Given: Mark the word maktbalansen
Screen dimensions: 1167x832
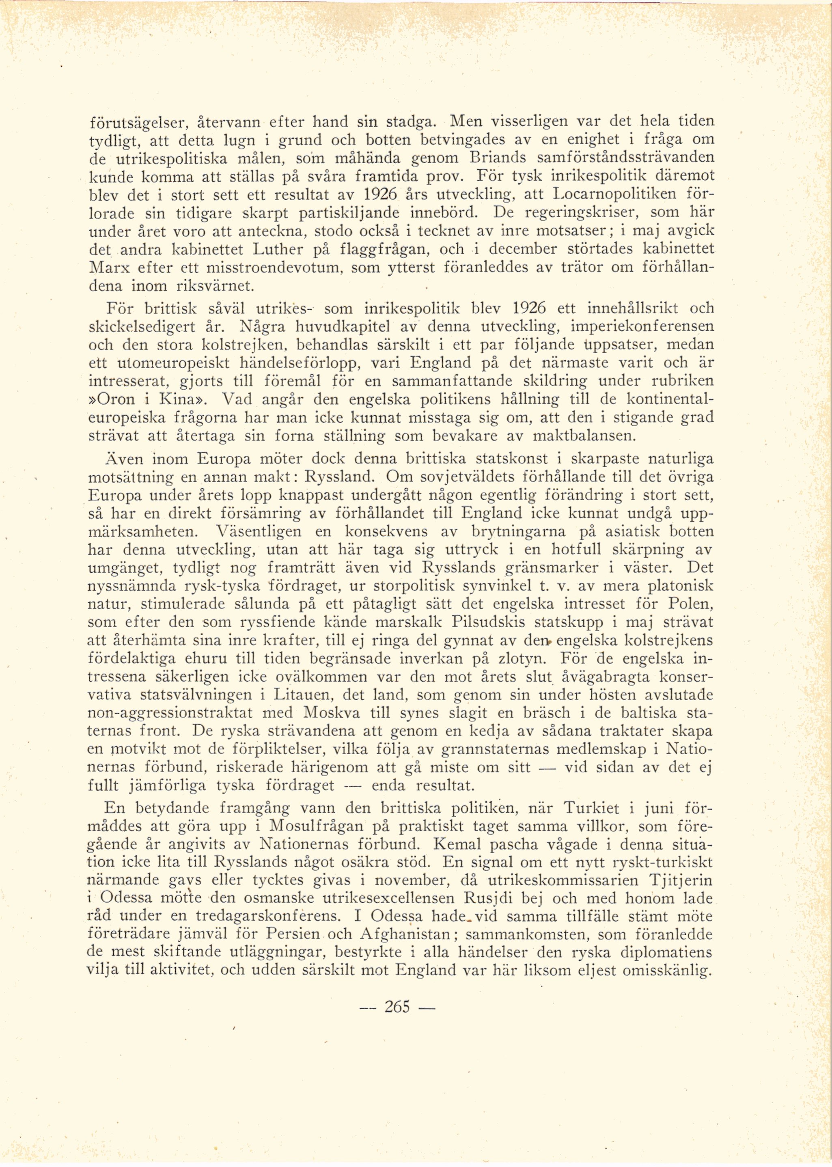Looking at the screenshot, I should click(584, 436).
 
